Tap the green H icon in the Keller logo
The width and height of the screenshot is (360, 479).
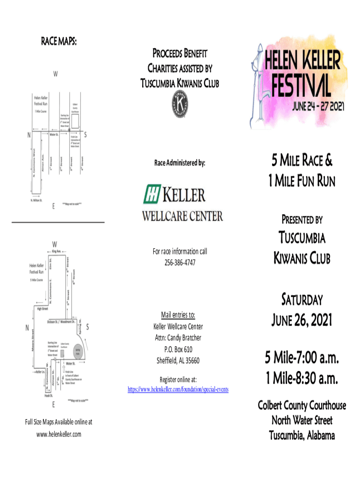pyautogui.click(x=152, y=194)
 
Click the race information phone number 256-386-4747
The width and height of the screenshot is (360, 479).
pyautogui.click(x=180, y=263)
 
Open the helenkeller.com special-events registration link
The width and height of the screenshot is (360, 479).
pyautogui.click(x=178, y=389)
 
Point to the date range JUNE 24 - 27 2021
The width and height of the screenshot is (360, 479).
pyautogui.click(x=318, y=106)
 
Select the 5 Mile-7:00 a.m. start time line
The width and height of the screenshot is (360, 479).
pyautogui.click(x=301, y=359)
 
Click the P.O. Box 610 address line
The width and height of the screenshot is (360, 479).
pyautogui.click(x=179, y=349)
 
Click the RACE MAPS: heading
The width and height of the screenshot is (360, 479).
pyautogui.click(x=57, y=41)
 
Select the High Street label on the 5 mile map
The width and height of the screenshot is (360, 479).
pyautogui.click(x=43, y=309)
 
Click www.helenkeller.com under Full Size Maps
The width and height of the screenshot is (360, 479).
pyautogui.click(x=58, y=434)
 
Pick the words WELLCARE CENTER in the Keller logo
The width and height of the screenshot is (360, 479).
pyautogui.click(x=182, y=216)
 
